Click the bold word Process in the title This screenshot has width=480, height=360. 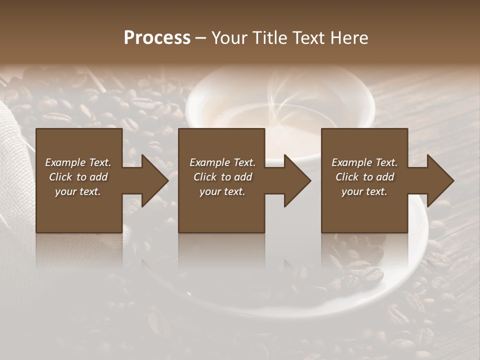157,38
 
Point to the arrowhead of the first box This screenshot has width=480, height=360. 155,180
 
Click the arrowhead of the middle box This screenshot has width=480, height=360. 297,180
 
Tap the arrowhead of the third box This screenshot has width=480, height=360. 440,180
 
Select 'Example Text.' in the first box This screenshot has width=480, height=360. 78,162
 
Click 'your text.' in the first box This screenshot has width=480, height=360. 78,191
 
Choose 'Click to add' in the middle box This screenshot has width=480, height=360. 222,177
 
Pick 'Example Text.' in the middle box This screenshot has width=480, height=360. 222,162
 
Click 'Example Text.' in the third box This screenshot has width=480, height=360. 364,162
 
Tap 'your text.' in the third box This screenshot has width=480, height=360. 364,191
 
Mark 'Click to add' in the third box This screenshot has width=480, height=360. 364,177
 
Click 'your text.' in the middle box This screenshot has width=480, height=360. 222,191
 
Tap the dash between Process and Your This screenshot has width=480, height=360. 201,38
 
